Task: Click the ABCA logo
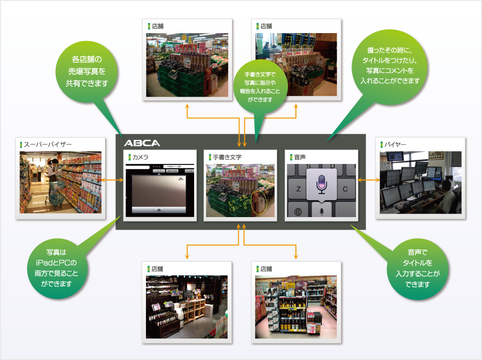point(142,143)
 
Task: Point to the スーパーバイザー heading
point(48,145)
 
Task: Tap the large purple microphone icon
point(322,183)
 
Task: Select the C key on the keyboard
point(345,189)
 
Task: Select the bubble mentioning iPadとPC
point(60,266)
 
